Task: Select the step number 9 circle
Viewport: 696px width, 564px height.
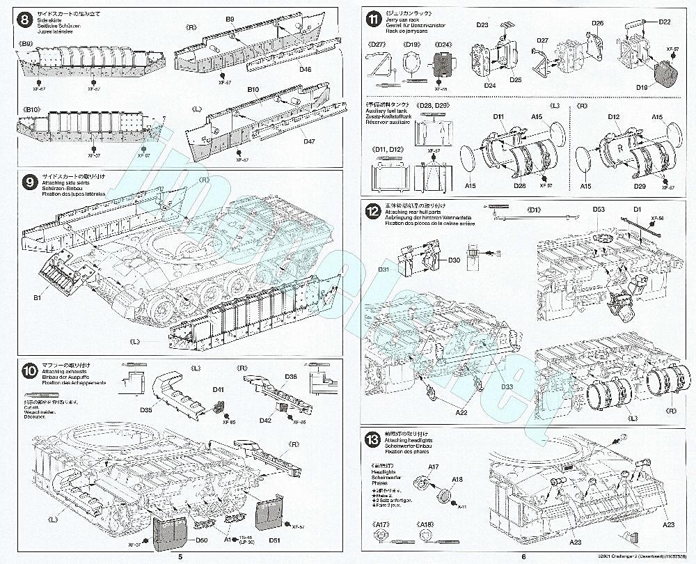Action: point(30,183)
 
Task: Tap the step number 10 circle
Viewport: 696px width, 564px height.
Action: point(30,373)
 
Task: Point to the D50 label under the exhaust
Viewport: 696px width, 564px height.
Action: point(202,541)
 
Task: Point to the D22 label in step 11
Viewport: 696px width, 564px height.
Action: point(665,22)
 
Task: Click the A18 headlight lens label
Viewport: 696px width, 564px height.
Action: point(458,479)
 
